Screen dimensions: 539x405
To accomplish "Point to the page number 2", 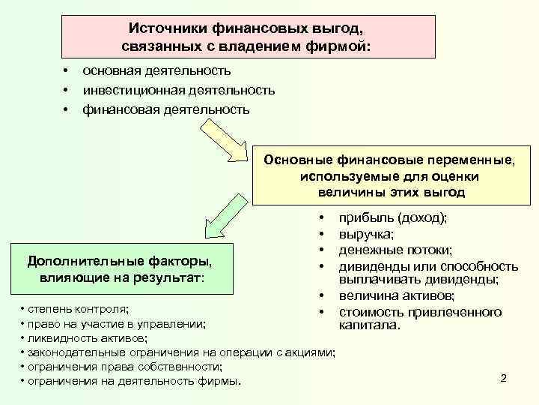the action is click(503, 378).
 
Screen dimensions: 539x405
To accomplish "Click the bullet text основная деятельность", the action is click(156, 70).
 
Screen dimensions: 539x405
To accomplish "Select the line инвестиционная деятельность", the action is click(178, 90).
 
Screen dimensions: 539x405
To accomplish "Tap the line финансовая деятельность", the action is click(165, 109).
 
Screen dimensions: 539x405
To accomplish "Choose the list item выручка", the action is click(366, 234).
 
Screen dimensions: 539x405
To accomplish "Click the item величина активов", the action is click(396, 297).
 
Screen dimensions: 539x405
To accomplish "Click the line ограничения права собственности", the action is click(124, 367).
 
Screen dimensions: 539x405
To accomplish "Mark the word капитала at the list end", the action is click(370, 327).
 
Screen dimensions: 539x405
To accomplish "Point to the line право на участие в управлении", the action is click(115, 324).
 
